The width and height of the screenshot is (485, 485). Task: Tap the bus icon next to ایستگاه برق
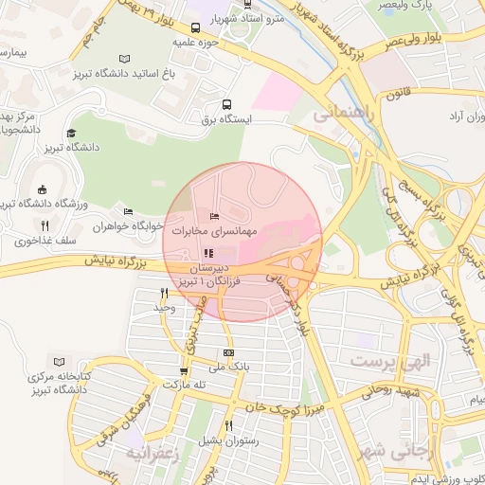click(225, 104)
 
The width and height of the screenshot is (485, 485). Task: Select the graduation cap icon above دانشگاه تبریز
click(71, 133)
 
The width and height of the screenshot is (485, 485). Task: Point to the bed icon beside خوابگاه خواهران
click(128, 212)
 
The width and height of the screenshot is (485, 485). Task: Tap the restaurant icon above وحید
click(165, 294)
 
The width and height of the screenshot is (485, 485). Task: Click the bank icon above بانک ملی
click(228, 352)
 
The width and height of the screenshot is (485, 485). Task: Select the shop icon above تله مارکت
click(184, 371)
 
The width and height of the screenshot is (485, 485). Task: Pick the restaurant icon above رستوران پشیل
click(227, 426)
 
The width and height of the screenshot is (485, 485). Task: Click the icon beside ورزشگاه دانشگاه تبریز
click(42, 190)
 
